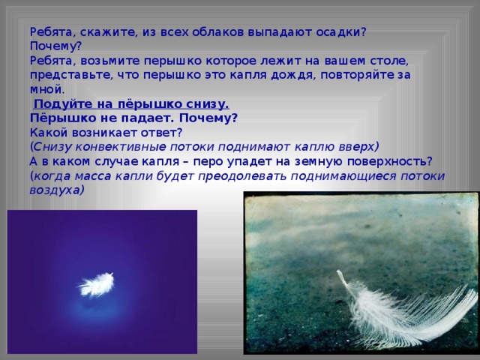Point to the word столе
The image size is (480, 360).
pyautogui.click(x=390, y=61)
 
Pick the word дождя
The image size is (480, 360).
pyautogui.click(x=293, y=75)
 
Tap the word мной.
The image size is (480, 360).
pyautogui.click(x=47, y=89)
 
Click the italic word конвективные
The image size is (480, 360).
pyautogui.click(x=121, y=147)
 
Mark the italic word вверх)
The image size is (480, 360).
pyautogui.click(x=358, y=147)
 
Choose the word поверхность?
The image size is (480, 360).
pyautogui.click(x=390, y=162)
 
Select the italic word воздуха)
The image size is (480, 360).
pyautogui.click(x=57, y=190)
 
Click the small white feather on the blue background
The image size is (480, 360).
pyautogui.click(x=96, y=285)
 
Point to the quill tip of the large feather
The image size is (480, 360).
pyautogui.click(x=338, y=271)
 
